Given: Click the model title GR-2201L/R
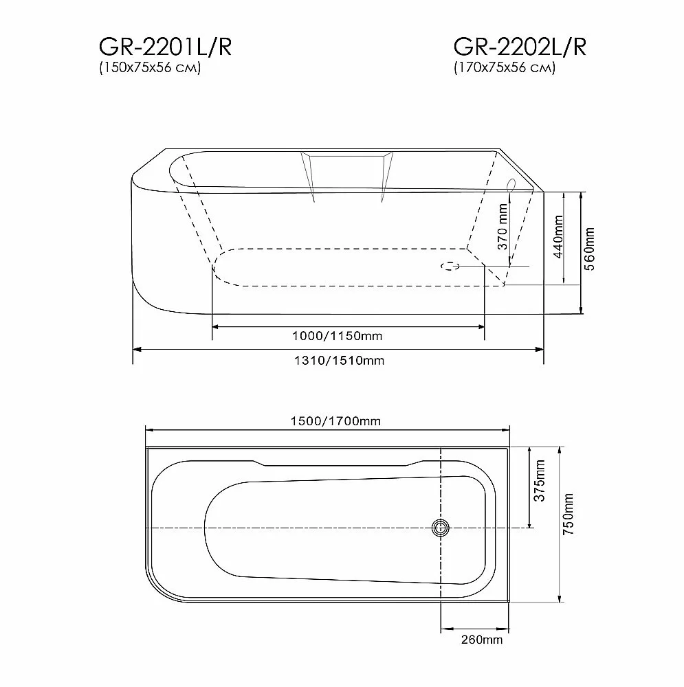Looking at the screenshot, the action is click(165, 47).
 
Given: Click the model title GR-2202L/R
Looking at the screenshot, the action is click(520, 47).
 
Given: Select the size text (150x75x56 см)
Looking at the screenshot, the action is click(150, 67).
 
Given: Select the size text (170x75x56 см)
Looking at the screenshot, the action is click(504, 67).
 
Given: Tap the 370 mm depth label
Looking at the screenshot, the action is click(503, 226).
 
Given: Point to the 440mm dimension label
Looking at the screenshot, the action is click(558, 236).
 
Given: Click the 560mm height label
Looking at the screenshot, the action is click(590, 249).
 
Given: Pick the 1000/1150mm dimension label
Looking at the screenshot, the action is click(337, 336).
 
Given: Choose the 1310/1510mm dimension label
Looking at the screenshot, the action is click(339, 361).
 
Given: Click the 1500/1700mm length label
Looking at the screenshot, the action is click(335, 421).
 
